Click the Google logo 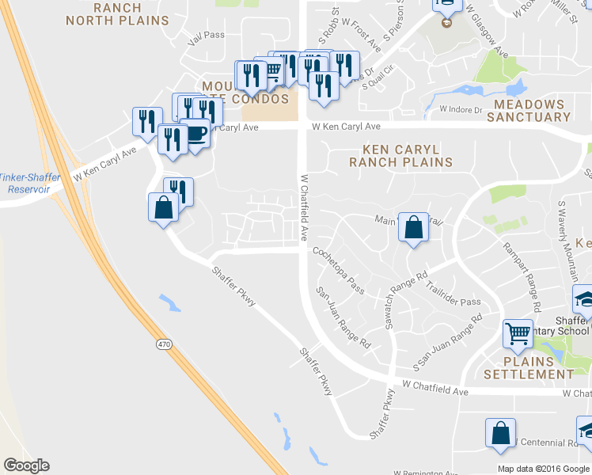click(x=26, y=465)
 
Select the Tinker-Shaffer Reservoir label click(x=24, y=183)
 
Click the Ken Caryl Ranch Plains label click(x=401, y=155)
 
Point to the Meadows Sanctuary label click(x=529, y=111)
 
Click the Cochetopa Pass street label click(x=339, y=269)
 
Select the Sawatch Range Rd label click(x=400, y=301)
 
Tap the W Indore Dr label click(x=461, y=109)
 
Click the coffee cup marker click(x=195, y=131)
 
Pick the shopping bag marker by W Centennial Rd click(x=500, y=433)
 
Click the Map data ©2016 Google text click(x=543, y=469)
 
